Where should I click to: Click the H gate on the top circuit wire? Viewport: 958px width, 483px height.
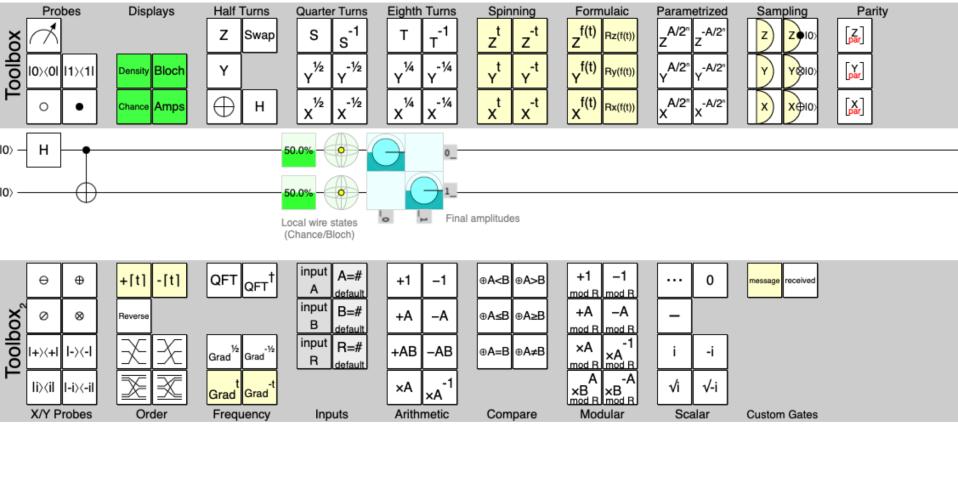44,150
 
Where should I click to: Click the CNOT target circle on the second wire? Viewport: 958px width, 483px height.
86,192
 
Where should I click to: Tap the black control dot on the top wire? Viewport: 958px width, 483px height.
86,150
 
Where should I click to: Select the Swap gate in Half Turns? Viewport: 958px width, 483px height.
260,35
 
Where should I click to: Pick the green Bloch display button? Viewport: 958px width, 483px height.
169,71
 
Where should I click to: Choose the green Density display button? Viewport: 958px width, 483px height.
134,71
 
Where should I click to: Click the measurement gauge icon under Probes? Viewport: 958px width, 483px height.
44,35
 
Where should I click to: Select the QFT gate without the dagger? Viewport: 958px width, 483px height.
224,280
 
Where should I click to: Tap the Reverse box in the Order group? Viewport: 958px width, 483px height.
134,316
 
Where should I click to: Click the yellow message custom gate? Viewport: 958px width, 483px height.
764,280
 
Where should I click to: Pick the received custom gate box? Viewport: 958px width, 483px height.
800,280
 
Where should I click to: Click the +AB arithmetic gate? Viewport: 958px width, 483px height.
404,351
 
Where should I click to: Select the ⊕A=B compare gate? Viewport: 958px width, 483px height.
494,351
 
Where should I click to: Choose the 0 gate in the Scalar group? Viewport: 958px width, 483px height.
710,280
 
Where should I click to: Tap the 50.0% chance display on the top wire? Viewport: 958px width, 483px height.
298,150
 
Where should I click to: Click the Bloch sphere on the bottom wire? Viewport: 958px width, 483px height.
341,192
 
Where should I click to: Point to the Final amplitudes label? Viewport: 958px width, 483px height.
482,219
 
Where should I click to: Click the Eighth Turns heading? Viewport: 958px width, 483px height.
421,11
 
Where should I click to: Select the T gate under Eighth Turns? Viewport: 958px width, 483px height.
404,35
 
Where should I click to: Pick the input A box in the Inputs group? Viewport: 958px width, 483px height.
314,280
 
